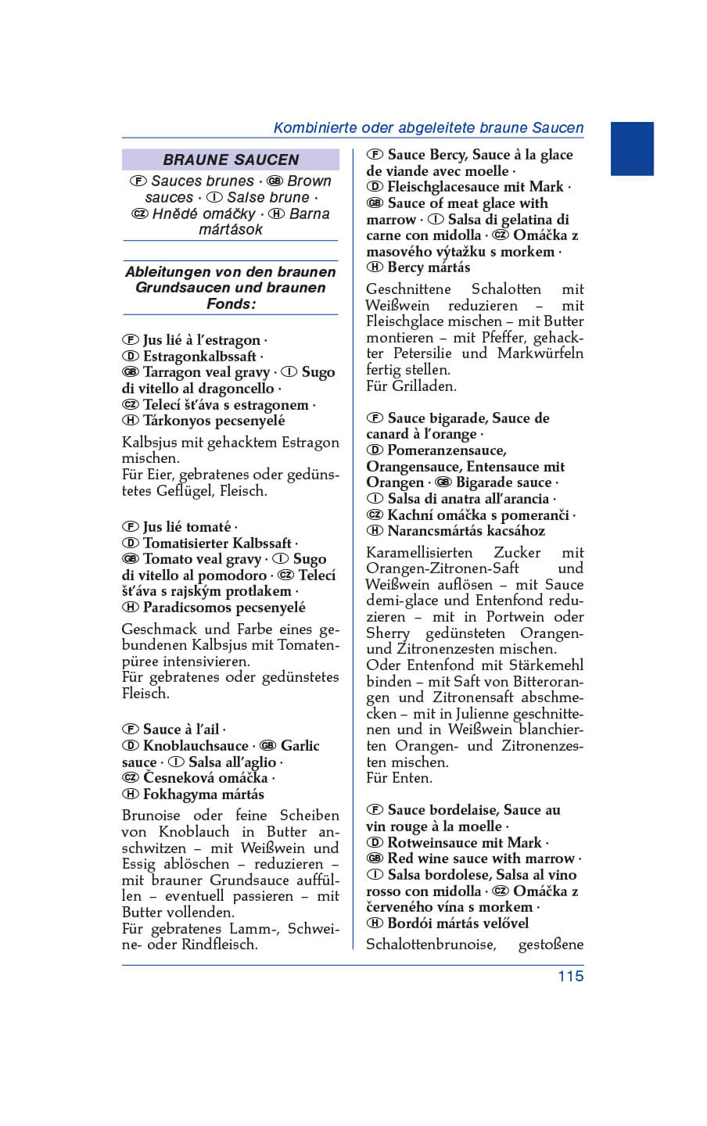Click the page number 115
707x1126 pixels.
[x=570, y=976]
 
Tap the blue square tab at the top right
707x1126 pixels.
[x=631, y=149]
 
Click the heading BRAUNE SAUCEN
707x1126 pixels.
[x=231, y=160]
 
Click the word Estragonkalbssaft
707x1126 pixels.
[x=199, y=357]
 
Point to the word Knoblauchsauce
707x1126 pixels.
[x=196, y=746]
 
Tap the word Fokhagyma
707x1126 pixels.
[x=181, y=794]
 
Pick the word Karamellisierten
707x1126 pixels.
[x=419, y=553]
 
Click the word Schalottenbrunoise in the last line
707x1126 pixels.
[x=431, y=945]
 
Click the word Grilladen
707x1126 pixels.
[x=424, y=385]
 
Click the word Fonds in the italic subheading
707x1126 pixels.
[x=229, y=303]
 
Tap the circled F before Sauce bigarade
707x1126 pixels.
[x=375, y=418]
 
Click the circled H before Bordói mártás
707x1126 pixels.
[x=375, y=923]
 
